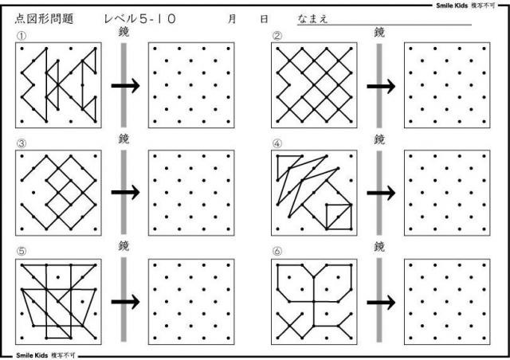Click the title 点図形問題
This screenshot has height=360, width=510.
pos(45,19)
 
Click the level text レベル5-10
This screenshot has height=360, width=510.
pos(140,19)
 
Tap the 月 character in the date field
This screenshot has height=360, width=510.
pos(232,19)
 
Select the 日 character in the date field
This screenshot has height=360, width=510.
pos(264,19)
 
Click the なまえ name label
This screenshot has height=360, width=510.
pos(312,19)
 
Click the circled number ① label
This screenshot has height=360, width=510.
pos(22,36)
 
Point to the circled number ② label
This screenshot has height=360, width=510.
pos(277,36)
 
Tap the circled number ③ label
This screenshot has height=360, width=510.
pos(22,143)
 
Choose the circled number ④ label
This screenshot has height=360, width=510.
pos(277,143)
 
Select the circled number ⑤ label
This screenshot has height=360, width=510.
pos(22,251)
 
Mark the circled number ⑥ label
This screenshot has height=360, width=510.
pos(277,251)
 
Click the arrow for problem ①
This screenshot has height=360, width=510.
pos(126,86)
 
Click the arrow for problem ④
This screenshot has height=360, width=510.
pos(381,194)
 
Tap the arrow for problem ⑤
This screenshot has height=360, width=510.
pos(126,302)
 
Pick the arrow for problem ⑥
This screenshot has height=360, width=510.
pos(381,303)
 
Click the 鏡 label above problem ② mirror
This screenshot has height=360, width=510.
pos(379,32)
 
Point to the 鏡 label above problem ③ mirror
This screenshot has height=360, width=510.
pos(124,139)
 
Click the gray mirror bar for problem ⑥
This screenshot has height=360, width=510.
pos(379,299)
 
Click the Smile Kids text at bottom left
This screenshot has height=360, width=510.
pos(32,355)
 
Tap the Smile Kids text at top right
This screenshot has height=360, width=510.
pos(452,6)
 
